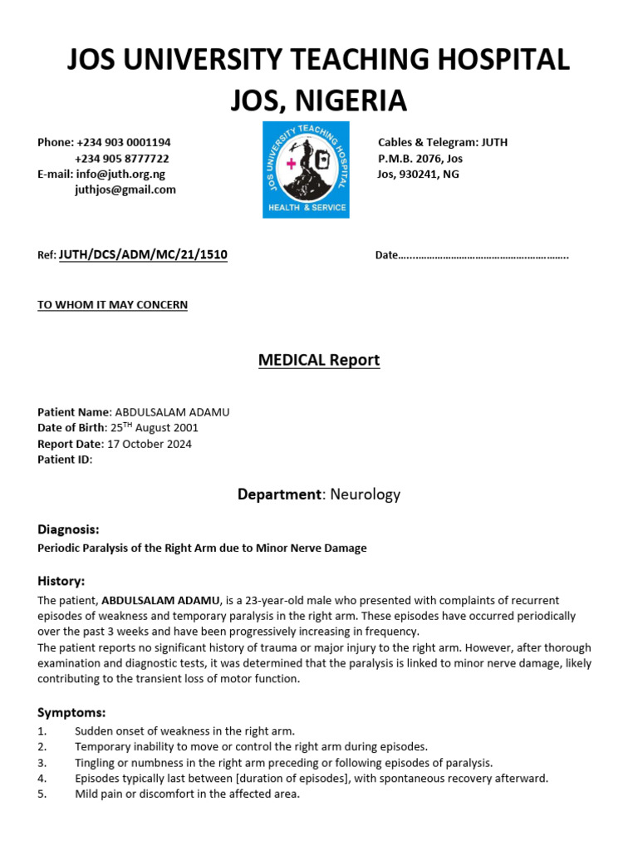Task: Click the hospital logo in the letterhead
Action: tap(306, 170)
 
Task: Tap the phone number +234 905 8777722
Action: tap(122, 159)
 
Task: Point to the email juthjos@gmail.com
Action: tap(125, 189)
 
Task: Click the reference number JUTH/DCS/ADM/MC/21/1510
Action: tap(143, 254)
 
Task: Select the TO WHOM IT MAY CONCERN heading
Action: tap(113, 305)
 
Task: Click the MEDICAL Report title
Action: tap(319, 361)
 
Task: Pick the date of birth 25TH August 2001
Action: tap(155, 428)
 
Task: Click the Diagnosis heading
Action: tap(69, 529)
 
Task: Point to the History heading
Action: tap(61, 581)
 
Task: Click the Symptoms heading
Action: tap(71, 712)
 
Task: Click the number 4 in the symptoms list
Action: tap(42, 779)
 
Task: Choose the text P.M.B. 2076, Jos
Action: tap(420, 159)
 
